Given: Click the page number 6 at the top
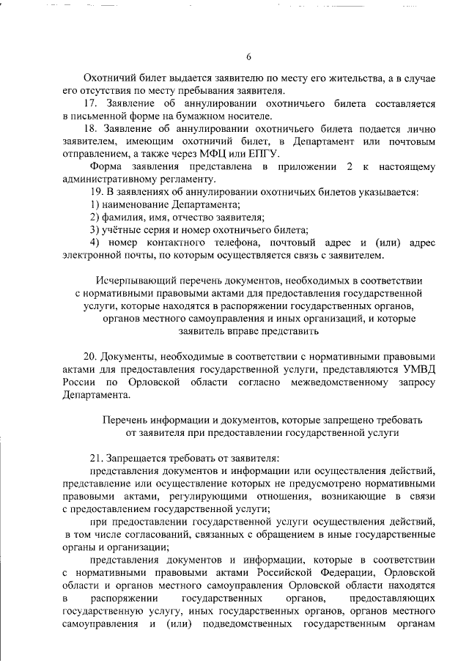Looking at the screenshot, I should point(248,57).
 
